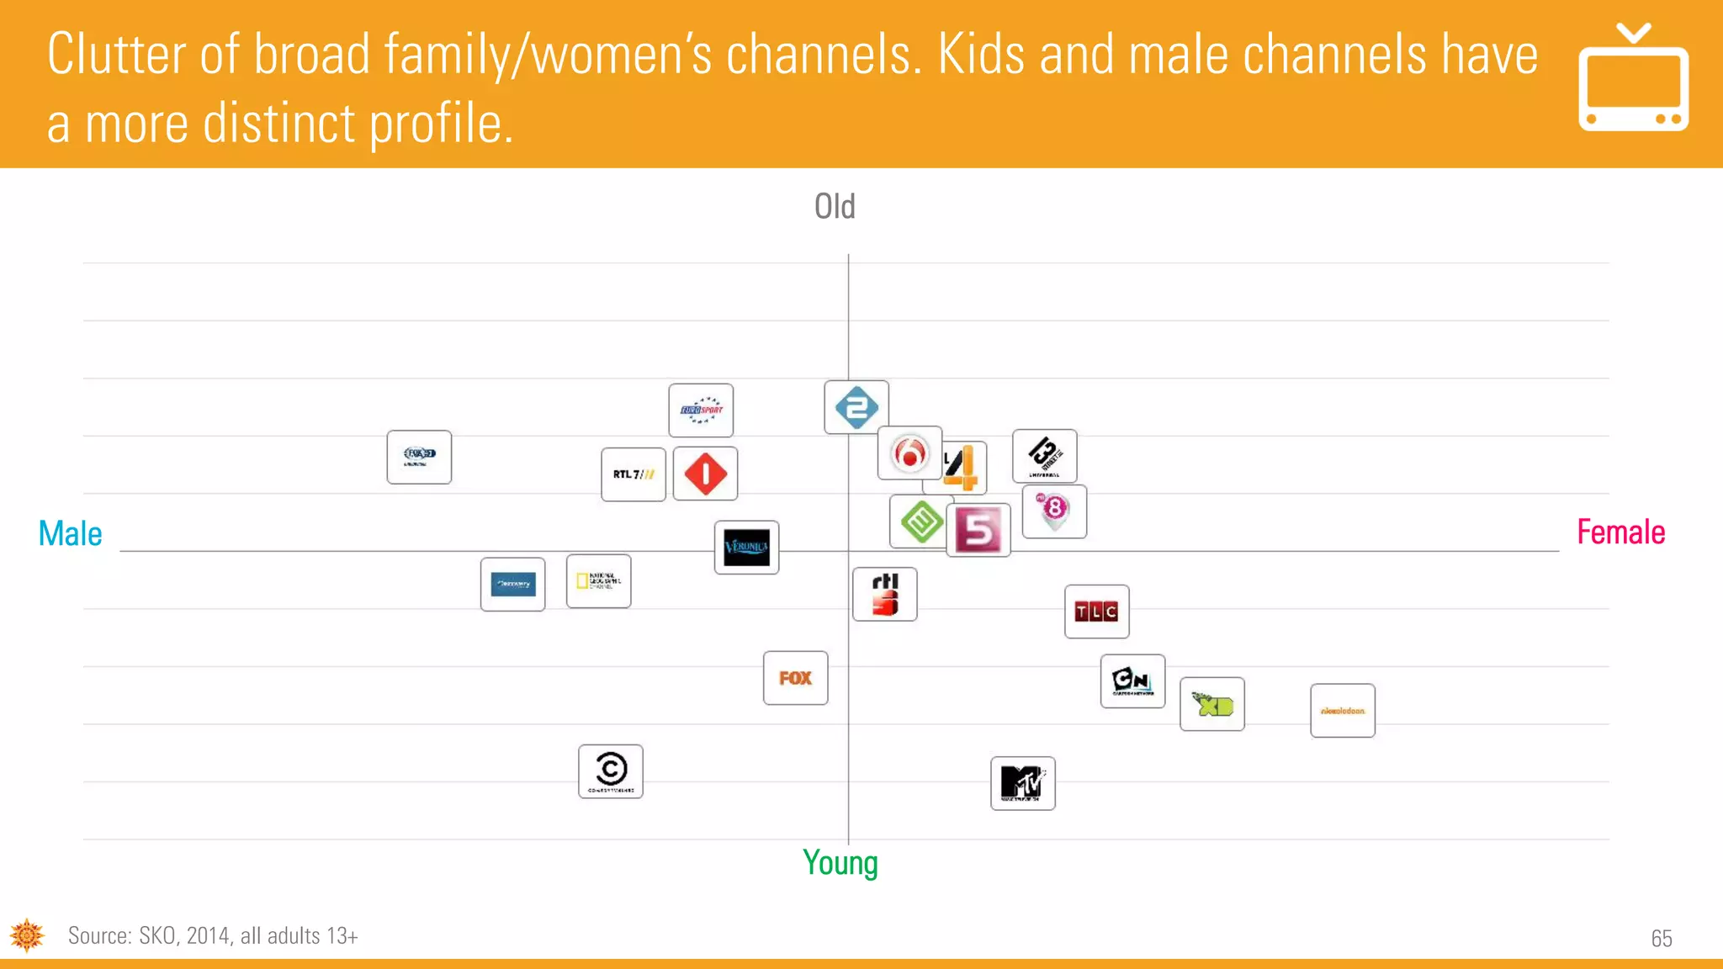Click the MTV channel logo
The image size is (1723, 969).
pyautogui.click(x=1022, y=783)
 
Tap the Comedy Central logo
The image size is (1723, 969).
pyautogui.click(x=611, y=771)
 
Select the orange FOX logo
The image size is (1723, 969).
pyautogui.click(x=795, y=678)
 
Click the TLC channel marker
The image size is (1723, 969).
pyautogui.click(x=1096, y=612)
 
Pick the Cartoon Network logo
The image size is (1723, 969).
pyautogui.click(x=1132, y=681)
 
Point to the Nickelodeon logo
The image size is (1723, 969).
pyautogui.click(x=1342, y=711)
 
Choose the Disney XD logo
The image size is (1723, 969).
pyautogui.click(x=1211, y=704)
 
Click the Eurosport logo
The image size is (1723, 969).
pyautogui.click(x=701, y=410)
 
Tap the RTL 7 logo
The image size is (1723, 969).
pyautogui.click(x=634, y=474)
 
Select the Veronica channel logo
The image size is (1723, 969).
pyautogui.click(x=746, y=548)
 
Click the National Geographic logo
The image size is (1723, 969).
pyautogui.click(x=598, y=581)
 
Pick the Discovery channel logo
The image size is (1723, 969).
pyautogui.click(x=512, y=585)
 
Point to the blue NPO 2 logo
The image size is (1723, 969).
pyautogui.click(x=856, y=407)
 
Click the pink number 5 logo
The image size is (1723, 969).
pyautogui.click(x=978, y=530)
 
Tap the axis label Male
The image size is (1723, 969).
pyautogui.click(x=71, y=533)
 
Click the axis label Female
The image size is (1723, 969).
pyautogui.click(x=1620, y=532)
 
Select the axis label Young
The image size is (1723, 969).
pyautogui.click(x=840, y=863)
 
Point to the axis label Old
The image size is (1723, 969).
pyautogui.click(x=835, y=206)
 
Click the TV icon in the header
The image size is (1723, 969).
pyautogui.click(x=1633, y=78)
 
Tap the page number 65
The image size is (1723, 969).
pyautogui.click(x=1661, y=938)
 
